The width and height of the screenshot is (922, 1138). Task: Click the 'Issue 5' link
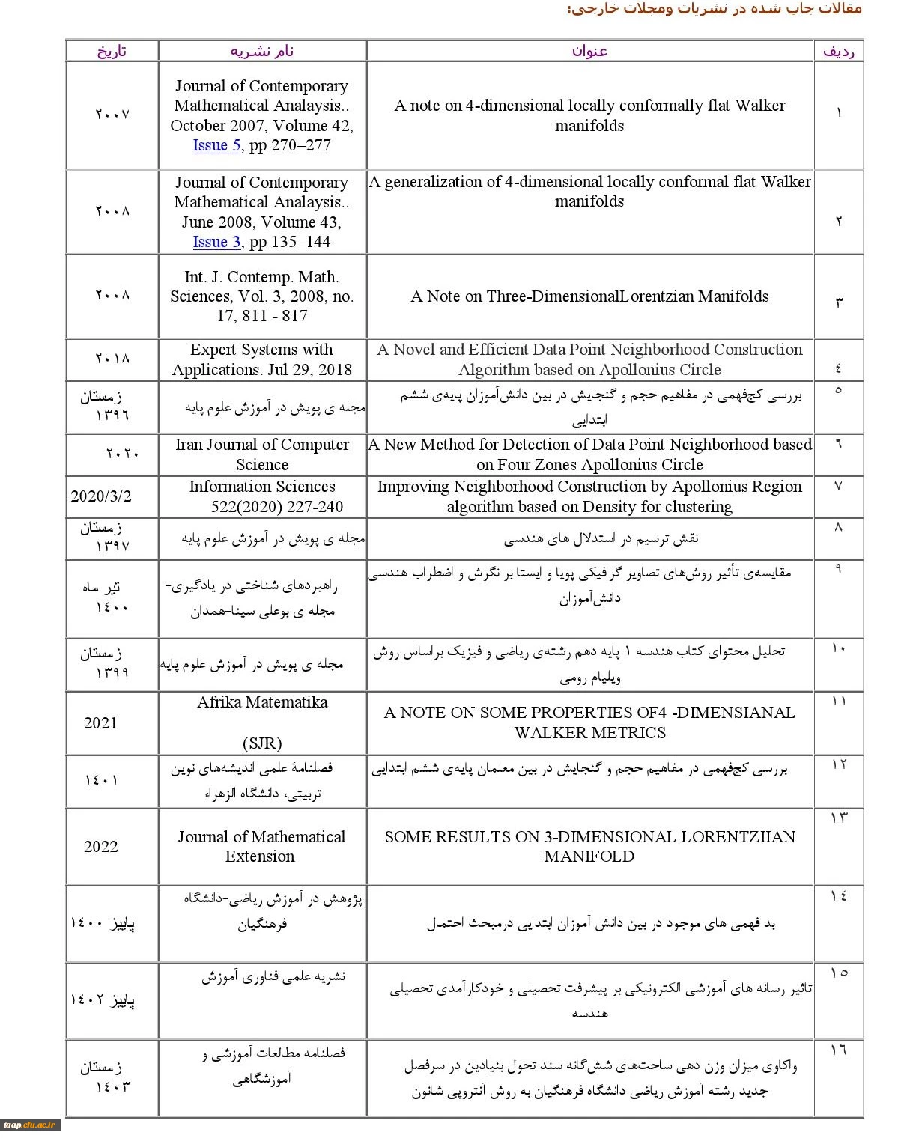(216, 145)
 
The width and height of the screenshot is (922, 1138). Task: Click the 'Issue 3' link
(216, 242)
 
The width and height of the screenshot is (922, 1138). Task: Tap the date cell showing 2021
(101, 722)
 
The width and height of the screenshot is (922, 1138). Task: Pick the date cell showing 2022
(101, 846)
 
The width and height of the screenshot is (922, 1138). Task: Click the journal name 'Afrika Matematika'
(262, 702)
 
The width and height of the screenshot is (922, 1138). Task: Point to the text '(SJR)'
(262, 743)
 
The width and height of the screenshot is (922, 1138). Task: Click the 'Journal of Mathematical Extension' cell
(261, 846)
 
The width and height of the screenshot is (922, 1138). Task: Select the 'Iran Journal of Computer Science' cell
(262, 454)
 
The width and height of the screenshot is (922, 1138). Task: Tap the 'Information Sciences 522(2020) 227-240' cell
(262, 496)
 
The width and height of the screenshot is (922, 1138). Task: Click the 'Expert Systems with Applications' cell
(262, 359)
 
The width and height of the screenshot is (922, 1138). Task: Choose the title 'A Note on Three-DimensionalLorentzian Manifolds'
(589, 296)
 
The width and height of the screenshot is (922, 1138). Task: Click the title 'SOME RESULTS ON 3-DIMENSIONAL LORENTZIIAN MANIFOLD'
(589, 846)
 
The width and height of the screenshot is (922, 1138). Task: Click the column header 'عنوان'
(589, 51)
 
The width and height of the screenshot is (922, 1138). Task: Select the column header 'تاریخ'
(112, 51)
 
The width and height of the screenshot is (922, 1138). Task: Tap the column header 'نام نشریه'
(262, 51)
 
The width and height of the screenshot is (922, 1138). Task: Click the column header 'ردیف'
(838, 51)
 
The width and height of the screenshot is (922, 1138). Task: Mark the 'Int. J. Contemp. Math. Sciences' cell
(262, 296)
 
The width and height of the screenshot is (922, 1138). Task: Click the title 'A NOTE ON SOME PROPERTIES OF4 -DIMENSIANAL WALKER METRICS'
(589, 722)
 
